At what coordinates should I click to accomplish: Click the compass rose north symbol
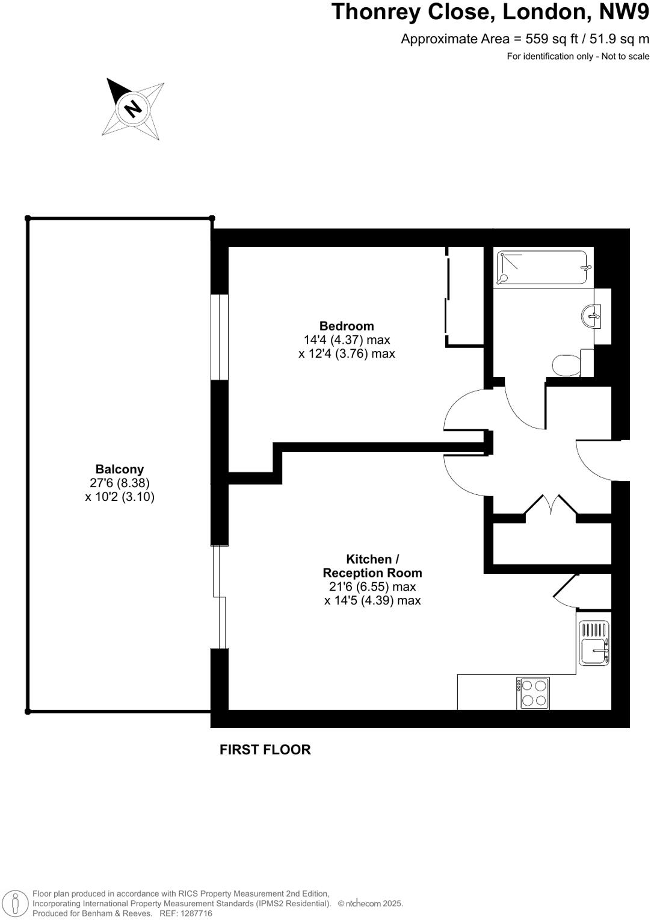[133, 108]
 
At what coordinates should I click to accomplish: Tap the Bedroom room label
[347, 326]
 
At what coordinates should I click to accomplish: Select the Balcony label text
[120, 469]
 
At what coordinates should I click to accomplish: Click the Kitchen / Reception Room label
[372, 566]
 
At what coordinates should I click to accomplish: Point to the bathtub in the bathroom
[541, 268]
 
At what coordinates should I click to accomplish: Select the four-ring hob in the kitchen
[533, 693]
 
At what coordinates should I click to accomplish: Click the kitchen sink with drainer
[594, 644]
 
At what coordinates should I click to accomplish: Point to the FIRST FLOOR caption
[265, 750]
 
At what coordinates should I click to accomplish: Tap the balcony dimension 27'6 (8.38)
[120, 483]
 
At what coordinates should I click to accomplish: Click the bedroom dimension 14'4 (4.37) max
[347, 340]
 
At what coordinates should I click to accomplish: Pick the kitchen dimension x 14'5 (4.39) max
[372, 600]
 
